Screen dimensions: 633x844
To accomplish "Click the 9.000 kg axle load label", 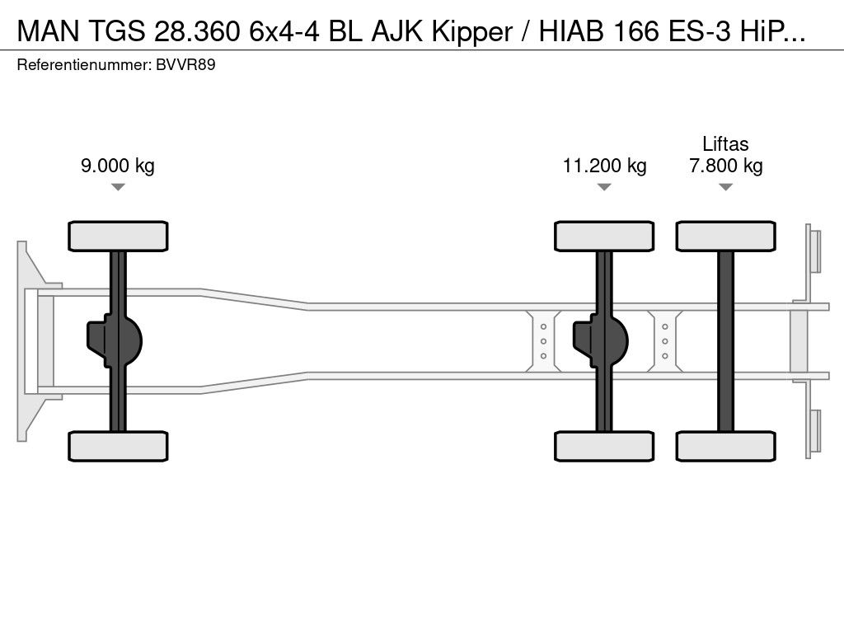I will (118, 166).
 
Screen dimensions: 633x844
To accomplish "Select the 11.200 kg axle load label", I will (604, 166).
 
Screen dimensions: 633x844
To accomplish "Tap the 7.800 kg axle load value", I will (725, 166).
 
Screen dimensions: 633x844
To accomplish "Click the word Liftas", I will (725, 144).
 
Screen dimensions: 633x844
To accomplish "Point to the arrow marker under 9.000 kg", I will (118, 187).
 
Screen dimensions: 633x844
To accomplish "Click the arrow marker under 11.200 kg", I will (604, 187).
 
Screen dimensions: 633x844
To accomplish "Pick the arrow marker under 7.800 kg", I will (725, 187).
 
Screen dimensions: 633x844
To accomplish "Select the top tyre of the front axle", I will (118, 236).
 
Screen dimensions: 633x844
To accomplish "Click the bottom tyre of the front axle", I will (118, 446).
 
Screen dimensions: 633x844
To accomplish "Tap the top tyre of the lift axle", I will (725, 236).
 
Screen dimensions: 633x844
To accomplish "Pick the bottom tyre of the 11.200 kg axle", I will (604, 446).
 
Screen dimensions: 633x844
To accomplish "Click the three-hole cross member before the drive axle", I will (544, 339).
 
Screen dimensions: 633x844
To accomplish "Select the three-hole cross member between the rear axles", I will (664, 339).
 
